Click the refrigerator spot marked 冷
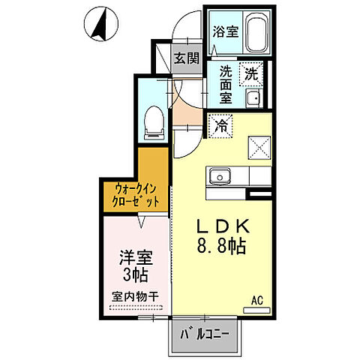[x=220, y=125]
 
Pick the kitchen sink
[x=220, y=177]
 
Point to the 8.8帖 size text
[x=223, y=246]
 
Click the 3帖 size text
[x=135, y=275]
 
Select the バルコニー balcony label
[x=202, y=330]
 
